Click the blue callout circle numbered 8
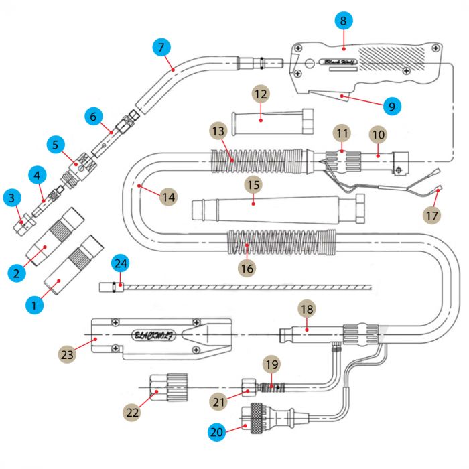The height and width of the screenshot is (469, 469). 343,22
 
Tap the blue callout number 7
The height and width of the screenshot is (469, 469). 161,48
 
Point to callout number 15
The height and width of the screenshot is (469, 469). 253,184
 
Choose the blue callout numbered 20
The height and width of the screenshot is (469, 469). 216,433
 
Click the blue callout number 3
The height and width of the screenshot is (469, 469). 11,197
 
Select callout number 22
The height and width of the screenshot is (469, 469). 133,412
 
